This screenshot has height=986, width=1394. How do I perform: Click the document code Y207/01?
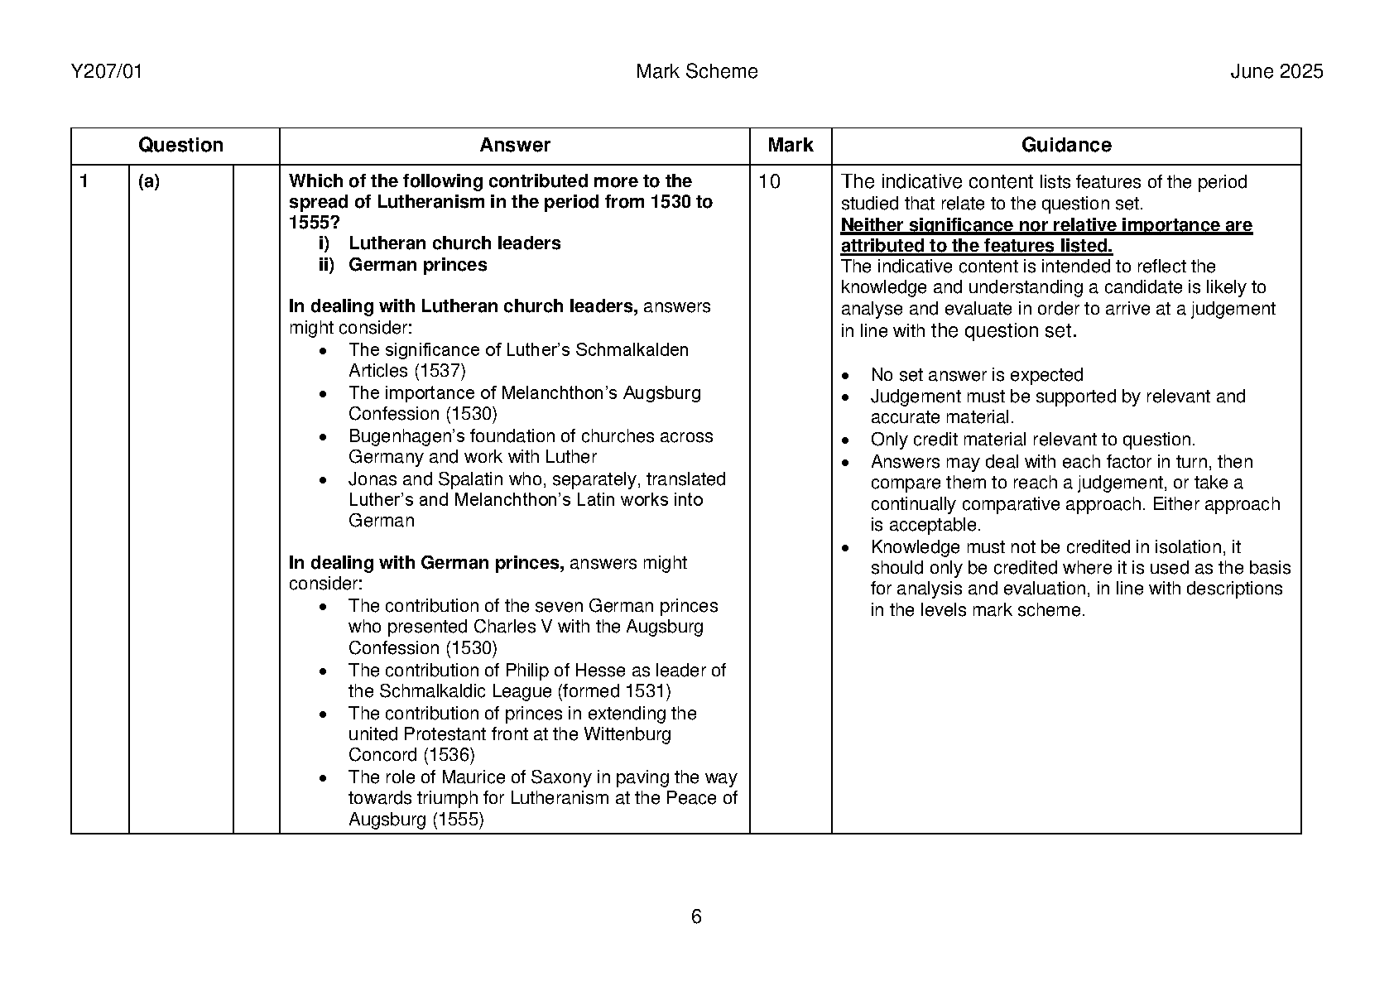107,72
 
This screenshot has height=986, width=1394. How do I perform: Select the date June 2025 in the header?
1276,72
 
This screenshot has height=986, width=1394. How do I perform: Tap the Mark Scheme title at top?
696,72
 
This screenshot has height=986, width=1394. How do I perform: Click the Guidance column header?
1065,146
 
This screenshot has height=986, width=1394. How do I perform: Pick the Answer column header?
514,146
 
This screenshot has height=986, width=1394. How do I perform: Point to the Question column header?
180,146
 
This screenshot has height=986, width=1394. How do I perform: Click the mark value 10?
769,182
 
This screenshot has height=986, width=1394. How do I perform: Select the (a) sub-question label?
149,181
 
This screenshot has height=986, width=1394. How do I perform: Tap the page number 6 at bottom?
696,916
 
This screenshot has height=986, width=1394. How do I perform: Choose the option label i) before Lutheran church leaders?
324,243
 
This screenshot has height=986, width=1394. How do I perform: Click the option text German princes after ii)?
417,265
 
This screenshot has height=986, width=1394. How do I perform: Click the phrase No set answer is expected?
976,375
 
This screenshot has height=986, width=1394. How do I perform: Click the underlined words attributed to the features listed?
976,246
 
